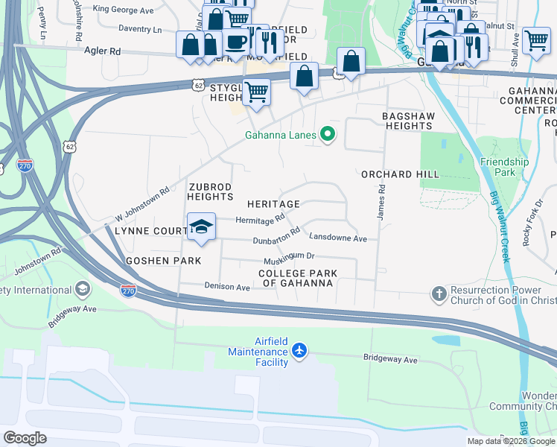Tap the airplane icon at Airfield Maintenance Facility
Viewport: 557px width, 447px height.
pyautogui.click(x=299, y=350)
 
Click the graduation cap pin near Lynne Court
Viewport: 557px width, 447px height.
pyautogui.click(x=201, y=226)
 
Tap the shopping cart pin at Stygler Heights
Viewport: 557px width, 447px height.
pyautogui.click(x=256, y=92)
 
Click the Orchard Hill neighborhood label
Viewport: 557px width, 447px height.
pyautogui.click(x=397, y=174)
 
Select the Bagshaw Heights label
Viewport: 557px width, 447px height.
pyautogui.click(x=407, y=121)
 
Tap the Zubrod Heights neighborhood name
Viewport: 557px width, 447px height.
pyautogui.click(x=211, y=191)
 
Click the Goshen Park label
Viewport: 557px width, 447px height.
pyautogui.click(x=164, y=261)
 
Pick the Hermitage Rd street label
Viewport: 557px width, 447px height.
pyautogui.click(x=260, y=219)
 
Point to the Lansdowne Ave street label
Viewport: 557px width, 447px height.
pyautogui.click(x=338, y=238)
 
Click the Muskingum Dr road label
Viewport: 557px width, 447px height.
pyautogui.click(x=289, y=261)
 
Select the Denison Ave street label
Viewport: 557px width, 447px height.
pyautogui.click(x=227, y=286)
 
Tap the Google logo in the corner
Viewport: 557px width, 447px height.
pyautogui.click(x=25, y=438)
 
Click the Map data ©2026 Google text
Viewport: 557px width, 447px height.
pyautogui.click(x=509, y=441)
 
